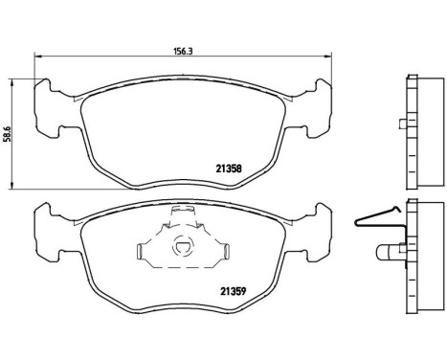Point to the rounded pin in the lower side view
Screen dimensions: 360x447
(387, 254)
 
